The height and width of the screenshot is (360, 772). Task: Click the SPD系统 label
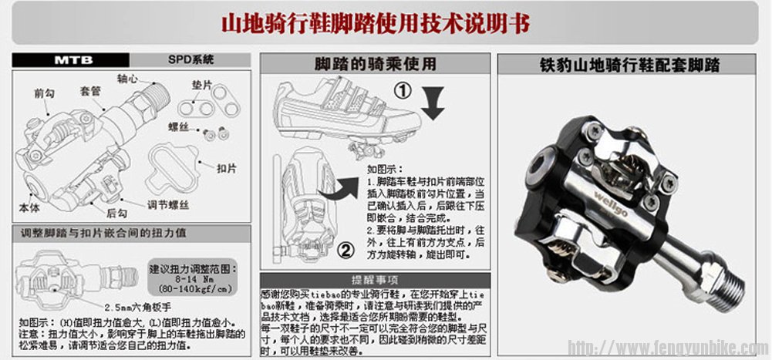tap(191, 59)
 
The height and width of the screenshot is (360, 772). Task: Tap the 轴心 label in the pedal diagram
tap(127, 79)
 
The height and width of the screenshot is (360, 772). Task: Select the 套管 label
tap(90, 90)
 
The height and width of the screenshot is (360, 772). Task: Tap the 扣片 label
tap(226, 167)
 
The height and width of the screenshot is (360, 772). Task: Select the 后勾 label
tap(116, 214)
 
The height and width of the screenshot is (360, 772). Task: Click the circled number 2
tap(346, 249)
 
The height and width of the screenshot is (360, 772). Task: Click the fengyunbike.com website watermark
tap(663, 346)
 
